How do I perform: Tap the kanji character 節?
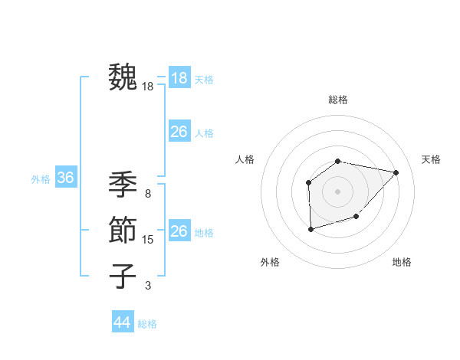pos(123,230)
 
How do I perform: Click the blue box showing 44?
pos(122,322)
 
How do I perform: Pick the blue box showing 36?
pos(65,178)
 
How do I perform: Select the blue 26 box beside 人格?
pos(179,132)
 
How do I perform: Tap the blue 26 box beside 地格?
pos(179,231)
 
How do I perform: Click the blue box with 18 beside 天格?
pos(179,78)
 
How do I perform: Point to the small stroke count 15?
pos(148,240)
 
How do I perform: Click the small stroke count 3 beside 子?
pos(148,286)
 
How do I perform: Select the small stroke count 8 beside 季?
pos(148,193)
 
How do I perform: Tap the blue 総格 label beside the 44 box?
pos(147,324)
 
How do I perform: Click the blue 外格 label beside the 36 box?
pos(41,179)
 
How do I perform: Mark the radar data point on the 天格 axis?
pos(396,172)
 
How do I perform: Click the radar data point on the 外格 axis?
pos(310,229)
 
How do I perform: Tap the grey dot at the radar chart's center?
pos(338,191)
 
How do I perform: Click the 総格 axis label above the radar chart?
pos(338,100)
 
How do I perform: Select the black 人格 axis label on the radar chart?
pos(245,159)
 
